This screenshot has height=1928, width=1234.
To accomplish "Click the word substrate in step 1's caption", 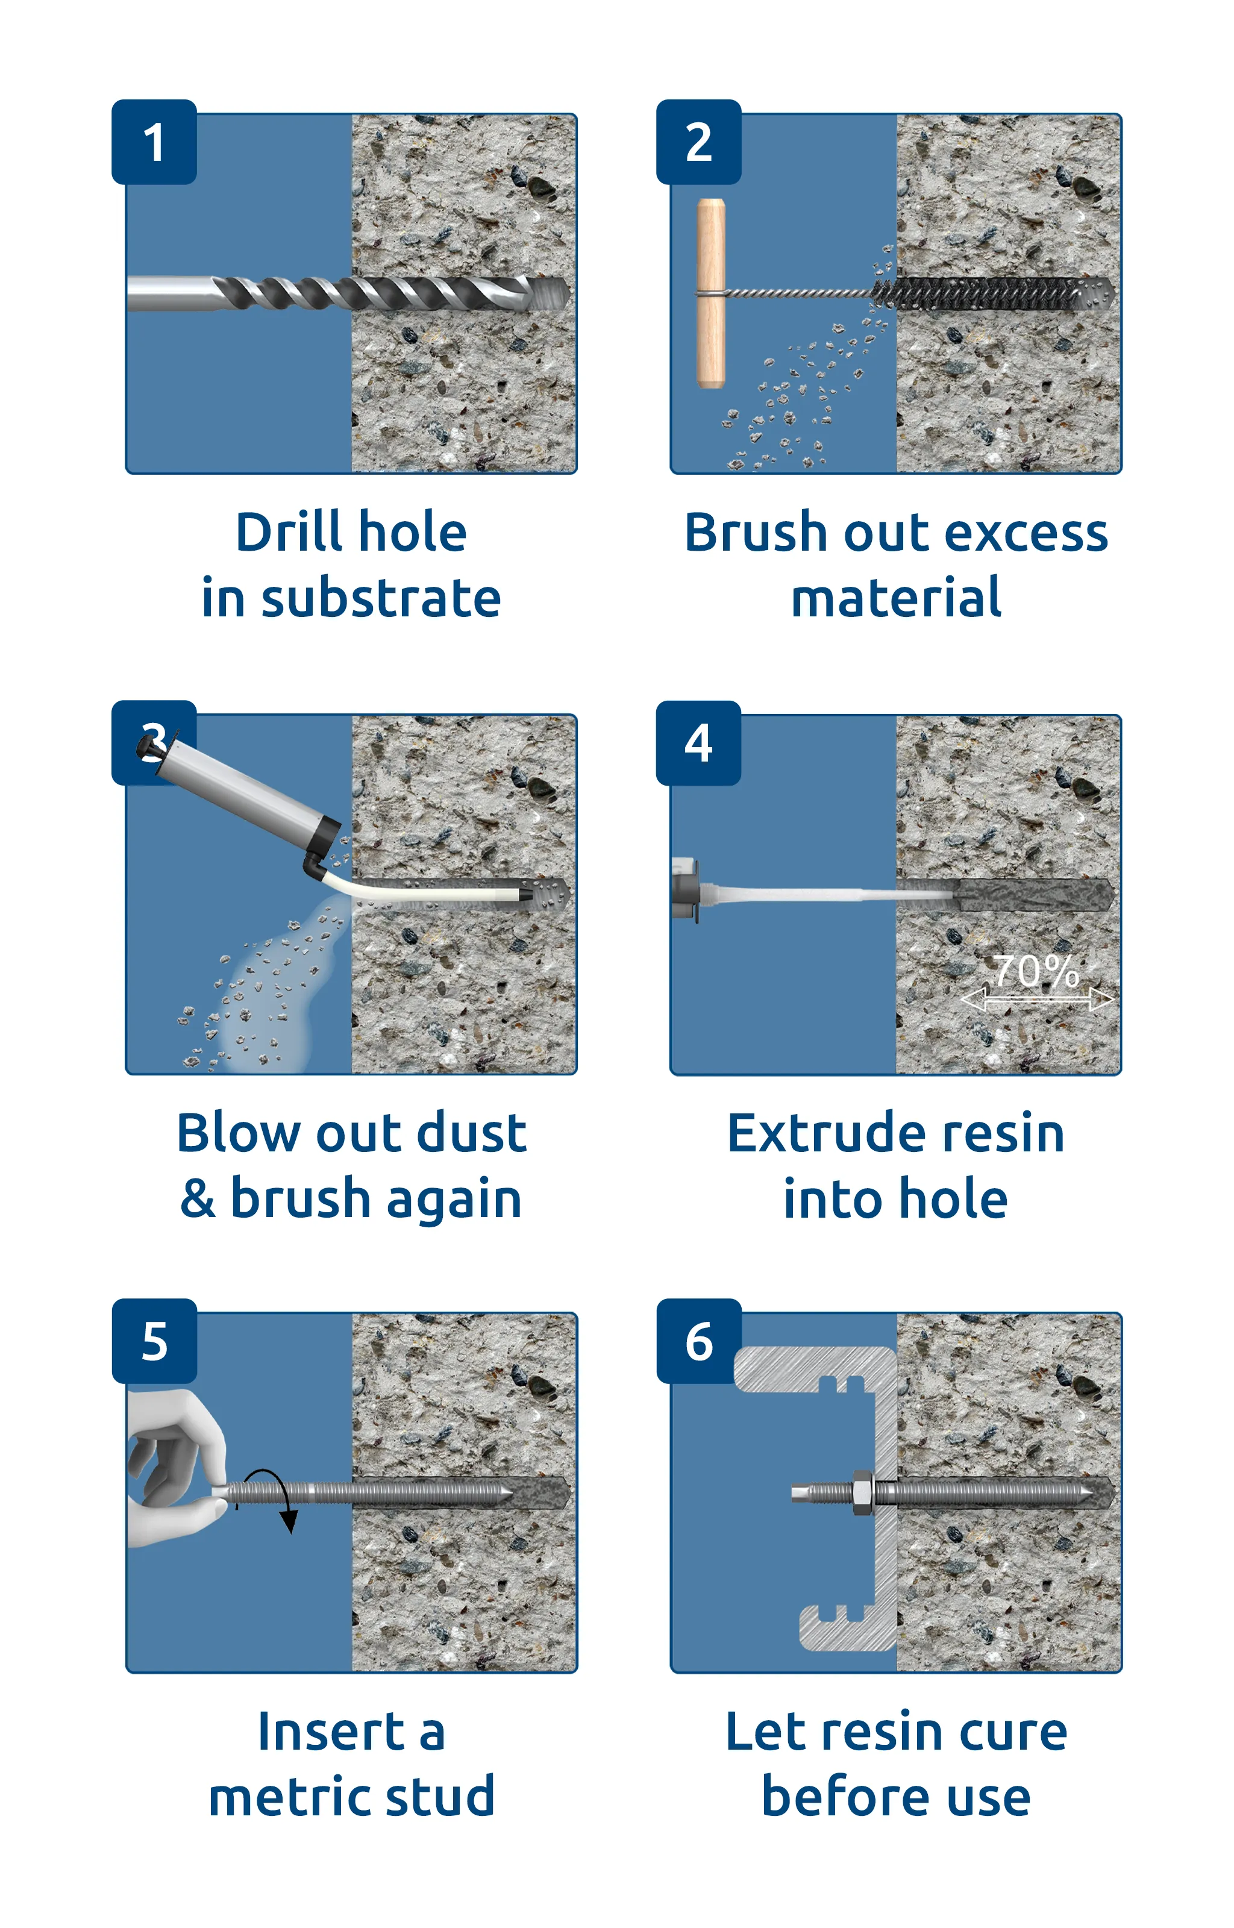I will [x=381, y=598].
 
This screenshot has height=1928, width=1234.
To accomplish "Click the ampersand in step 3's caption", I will [x=197, y=1198].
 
